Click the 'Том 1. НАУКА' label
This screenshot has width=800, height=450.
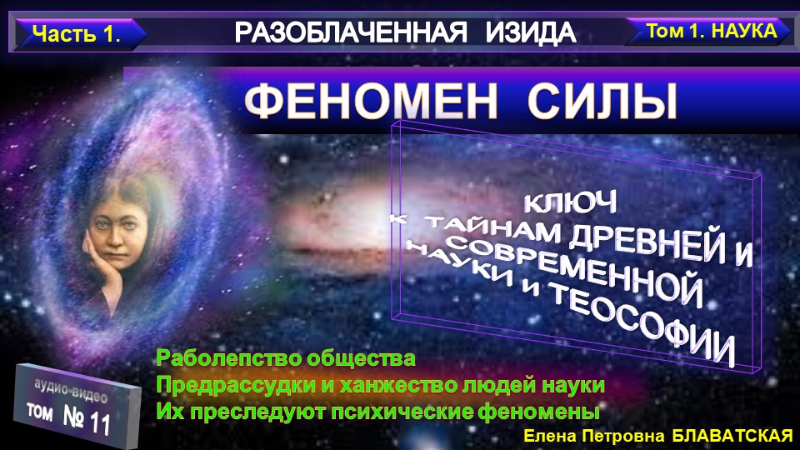pos(710,32)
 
